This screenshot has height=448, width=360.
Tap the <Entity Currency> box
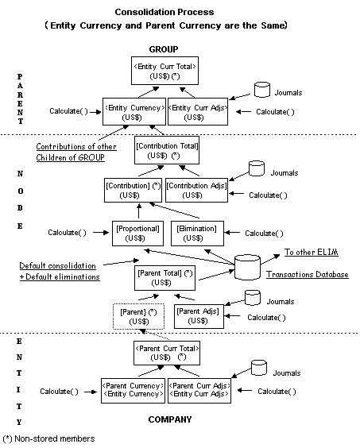pos(134,111)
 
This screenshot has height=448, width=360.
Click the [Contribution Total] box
pos(166,152)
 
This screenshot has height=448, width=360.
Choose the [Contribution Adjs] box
pos(198,191)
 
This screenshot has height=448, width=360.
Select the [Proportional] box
pos(138,233)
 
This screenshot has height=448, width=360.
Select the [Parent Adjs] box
pos(198,315)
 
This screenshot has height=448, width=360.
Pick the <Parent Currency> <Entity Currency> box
pos(131,391)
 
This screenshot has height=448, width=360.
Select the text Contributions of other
pos(75,147)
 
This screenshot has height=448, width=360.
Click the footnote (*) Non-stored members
pos(49,438)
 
